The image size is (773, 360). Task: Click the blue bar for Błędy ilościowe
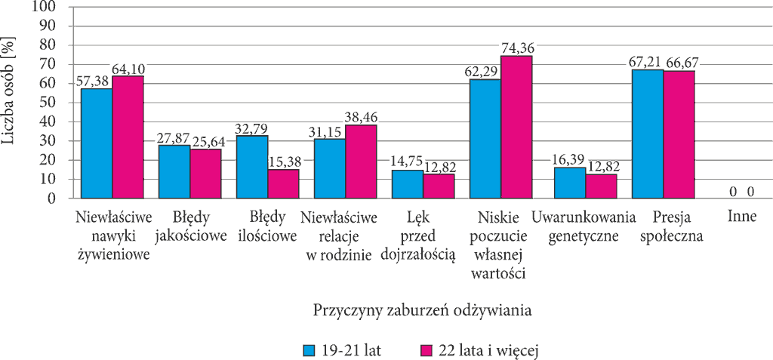[x=252, y=168]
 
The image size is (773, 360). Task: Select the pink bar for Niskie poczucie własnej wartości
[x=516, y=128]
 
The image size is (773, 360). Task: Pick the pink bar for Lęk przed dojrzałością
[x=439, y=186]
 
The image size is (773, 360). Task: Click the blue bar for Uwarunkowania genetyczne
[x=570, y=183]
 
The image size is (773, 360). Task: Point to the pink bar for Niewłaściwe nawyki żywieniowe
[x=128, y=137]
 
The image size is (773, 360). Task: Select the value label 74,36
[x=518, y=49]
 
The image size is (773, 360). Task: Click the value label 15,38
[x=284, y=161]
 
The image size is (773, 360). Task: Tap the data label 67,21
[x=645, y=63]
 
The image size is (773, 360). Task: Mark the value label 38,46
[x=362, y=118]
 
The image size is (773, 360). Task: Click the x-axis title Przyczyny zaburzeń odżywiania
[x=423, y=311]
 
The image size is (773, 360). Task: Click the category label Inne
[x=741, y=217]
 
